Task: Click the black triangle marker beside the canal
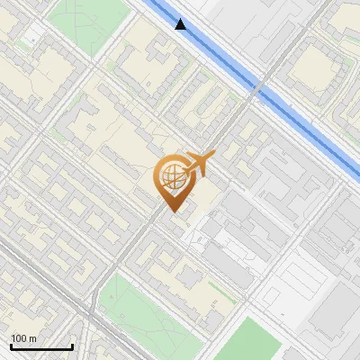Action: [181, 24]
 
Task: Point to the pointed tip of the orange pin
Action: [170, 212]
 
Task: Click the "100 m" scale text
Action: [22, 338]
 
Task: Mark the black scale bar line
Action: [41, 346]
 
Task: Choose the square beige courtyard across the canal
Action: [315, 67]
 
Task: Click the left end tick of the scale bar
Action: [11, 345]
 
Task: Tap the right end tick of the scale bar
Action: [72, 345]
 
